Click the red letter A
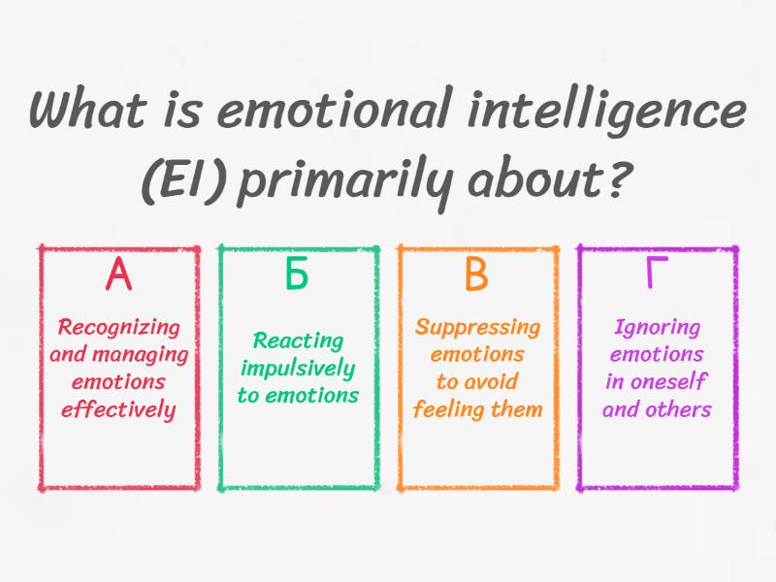(118, 275)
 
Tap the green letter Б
(297, 275)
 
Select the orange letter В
(476, 275)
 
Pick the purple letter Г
(657, 275)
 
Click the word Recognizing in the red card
(118, 328)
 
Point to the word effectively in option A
(118, 409)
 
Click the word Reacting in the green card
(298, 340)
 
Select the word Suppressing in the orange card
(477, 328)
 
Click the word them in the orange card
(517, 409)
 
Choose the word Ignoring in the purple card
(657, 328)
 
